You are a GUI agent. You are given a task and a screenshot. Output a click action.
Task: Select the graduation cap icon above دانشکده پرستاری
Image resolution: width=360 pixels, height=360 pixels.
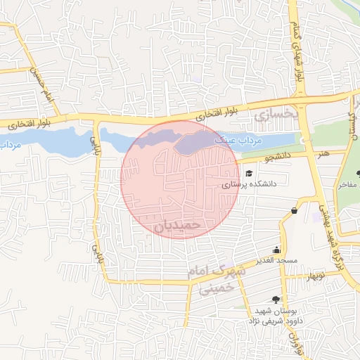248,173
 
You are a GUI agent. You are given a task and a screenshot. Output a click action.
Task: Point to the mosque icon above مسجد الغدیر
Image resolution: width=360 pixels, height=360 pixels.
278,250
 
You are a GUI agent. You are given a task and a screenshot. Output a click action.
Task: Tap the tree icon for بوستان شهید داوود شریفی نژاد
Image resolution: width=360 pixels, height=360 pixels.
276,300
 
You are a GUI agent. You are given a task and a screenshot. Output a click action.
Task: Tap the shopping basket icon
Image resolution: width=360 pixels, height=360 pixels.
293,210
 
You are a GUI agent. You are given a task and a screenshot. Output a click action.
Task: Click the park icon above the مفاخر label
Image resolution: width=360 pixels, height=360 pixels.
358,173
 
